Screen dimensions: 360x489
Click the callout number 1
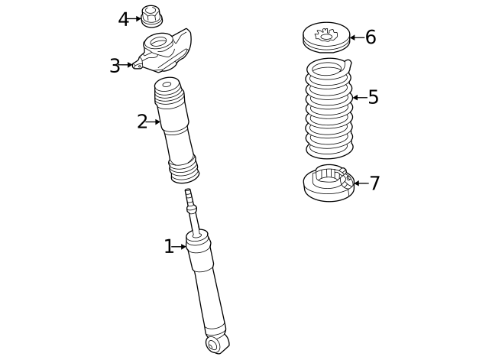coord(169,246)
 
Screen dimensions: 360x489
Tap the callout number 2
coord(142,122)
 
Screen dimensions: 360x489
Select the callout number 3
coord(115,66)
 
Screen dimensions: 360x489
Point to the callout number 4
coord(124,19)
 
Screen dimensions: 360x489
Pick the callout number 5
coord(373,97)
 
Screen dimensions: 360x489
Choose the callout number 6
coord(371,37)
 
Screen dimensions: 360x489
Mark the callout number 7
coord(374,183)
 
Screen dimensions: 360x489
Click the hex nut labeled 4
coord(150,15)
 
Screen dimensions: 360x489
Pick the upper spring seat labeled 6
coord(326,37)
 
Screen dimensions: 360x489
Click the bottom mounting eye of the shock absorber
coord(218,344)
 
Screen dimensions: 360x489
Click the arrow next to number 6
coord(356,37)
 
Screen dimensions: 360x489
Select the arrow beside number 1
coord(181,246)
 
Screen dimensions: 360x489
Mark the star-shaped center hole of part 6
coord(325,35)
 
